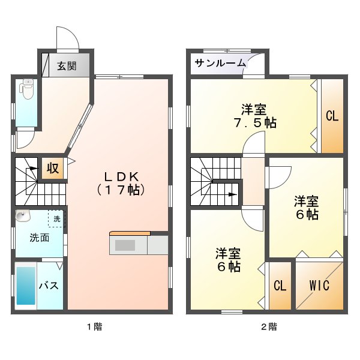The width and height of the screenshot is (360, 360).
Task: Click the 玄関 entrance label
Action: [x=67, y=66]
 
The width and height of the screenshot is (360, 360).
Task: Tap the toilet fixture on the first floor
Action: [x=27, y=89]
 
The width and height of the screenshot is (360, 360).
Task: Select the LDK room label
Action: [x=121, y=177]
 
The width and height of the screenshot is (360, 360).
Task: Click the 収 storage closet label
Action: [x=53, y=168]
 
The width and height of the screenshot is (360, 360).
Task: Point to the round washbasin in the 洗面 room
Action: [x=23, y=216]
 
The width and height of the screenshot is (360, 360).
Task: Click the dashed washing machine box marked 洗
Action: [x=56, y=218]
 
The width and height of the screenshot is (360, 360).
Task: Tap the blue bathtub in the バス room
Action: [x=26, y=286]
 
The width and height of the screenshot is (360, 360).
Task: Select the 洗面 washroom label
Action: [x=40, y=238]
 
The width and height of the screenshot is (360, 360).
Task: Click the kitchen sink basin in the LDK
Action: [x=125, y=245]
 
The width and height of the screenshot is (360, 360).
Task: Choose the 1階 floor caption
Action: [x=95, y=326]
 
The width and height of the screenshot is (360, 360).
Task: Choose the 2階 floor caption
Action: [x=269, y=326]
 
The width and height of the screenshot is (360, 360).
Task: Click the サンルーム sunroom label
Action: [x=220, y=63]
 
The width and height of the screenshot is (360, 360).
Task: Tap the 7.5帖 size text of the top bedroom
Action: [x=255, y=122]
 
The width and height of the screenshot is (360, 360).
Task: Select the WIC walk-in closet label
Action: [x=319, y=286]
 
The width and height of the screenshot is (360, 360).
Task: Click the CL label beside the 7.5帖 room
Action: [x=332, y=116]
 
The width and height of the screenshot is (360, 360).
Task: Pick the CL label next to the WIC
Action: [x=280, y=286]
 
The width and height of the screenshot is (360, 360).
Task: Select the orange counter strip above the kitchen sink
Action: [x=130, y=233]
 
